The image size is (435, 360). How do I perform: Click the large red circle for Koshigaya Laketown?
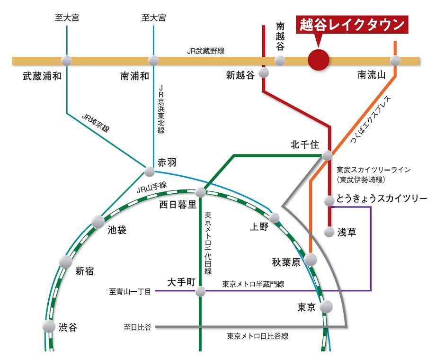[318, 60]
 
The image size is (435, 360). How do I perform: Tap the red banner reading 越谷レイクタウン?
[352, 25]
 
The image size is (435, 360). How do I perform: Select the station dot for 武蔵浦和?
[67, 61]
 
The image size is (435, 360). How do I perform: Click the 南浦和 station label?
[135, 76]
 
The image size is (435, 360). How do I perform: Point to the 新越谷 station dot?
[264, 72]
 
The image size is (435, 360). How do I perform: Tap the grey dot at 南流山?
[395, 61]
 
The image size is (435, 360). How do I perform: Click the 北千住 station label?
[305, 145]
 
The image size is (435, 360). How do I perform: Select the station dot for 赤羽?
[150, 171]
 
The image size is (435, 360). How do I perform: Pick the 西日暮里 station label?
[178, 205]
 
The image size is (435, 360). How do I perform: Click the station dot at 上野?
[275, 218]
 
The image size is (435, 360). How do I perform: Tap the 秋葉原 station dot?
[310, 260]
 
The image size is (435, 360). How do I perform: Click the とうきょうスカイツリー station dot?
[329, 201]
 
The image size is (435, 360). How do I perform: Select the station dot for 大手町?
[201, 291]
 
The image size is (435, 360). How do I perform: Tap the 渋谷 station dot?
[49, 326]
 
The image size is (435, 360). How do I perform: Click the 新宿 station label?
[84, 271]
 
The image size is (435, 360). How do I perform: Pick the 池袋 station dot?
[98, 221]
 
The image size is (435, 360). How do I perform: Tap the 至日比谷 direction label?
[137, 327]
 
